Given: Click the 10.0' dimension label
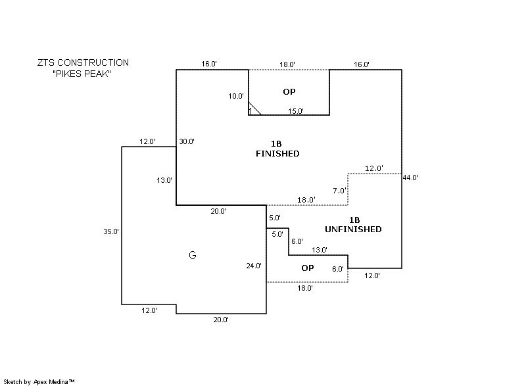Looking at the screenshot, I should pyautogui.click(x=236, y=96).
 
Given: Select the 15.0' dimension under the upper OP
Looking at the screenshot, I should pyautogui.click(x=296, y=111).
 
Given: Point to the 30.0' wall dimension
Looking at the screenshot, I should pyautogui.click(x=187, y=141).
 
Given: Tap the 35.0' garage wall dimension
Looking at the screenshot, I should pyautogui.click(x=110, y=231).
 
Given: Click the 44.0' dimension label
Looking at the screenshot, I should pyautogui.click(x=411, y=177).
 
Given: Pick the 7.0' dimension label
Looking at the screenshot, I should pyautogui.click(x=339, y=191).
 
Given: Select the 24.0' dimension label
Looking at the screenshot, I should pyautogui.click(x=254, y=266).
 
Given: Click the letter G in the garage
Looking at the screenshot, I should pyautogui.click(x=192, y=255).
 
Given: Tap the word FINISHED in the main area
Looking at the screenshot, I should pyautogui.click(x=277, y=154).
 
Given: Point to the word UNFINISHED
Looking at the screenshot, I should pyautogui.click(x=353, y=229).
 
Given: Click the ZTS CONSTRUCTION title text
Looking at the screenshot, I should pyautogui.click(x=83, y=62).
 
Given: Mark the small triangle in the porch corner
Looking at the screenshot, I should pyautogui.click(x=254, y=109).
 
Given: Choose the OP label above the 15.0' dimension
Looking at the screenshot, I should pyautogui.click(x=289, y=91).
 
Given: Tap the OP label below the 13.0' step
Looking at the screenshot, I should pyautogui.click(x=308, y=268).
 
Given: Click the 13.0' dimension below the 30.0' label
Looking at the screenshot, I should pyautogui.click(x=164, y=180).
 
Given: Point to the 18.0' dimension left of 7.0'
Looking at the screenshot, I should pyautogui.click(x=306, y=200).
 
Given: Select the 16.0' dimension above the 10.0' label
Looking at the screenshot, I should pyautogui.click(x=209, y=64).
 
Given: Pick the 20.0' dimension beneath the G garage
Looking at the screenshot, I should pyautogui.click(x=220, y=320).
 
